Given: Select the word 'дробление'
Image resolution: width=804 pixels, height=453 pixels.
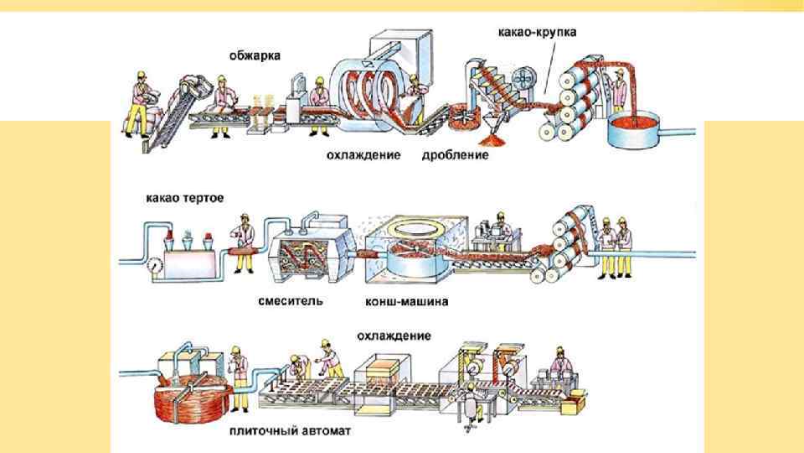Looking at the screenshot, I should click(x=455, y=155).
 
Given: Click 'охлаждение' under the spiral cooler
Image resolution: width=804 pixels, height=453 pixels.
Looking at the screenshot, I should click(x=363, y=155).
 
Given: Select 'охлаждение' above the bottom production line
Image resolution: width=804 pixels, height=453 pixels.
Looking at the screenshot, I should click(x=394, y=336).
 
